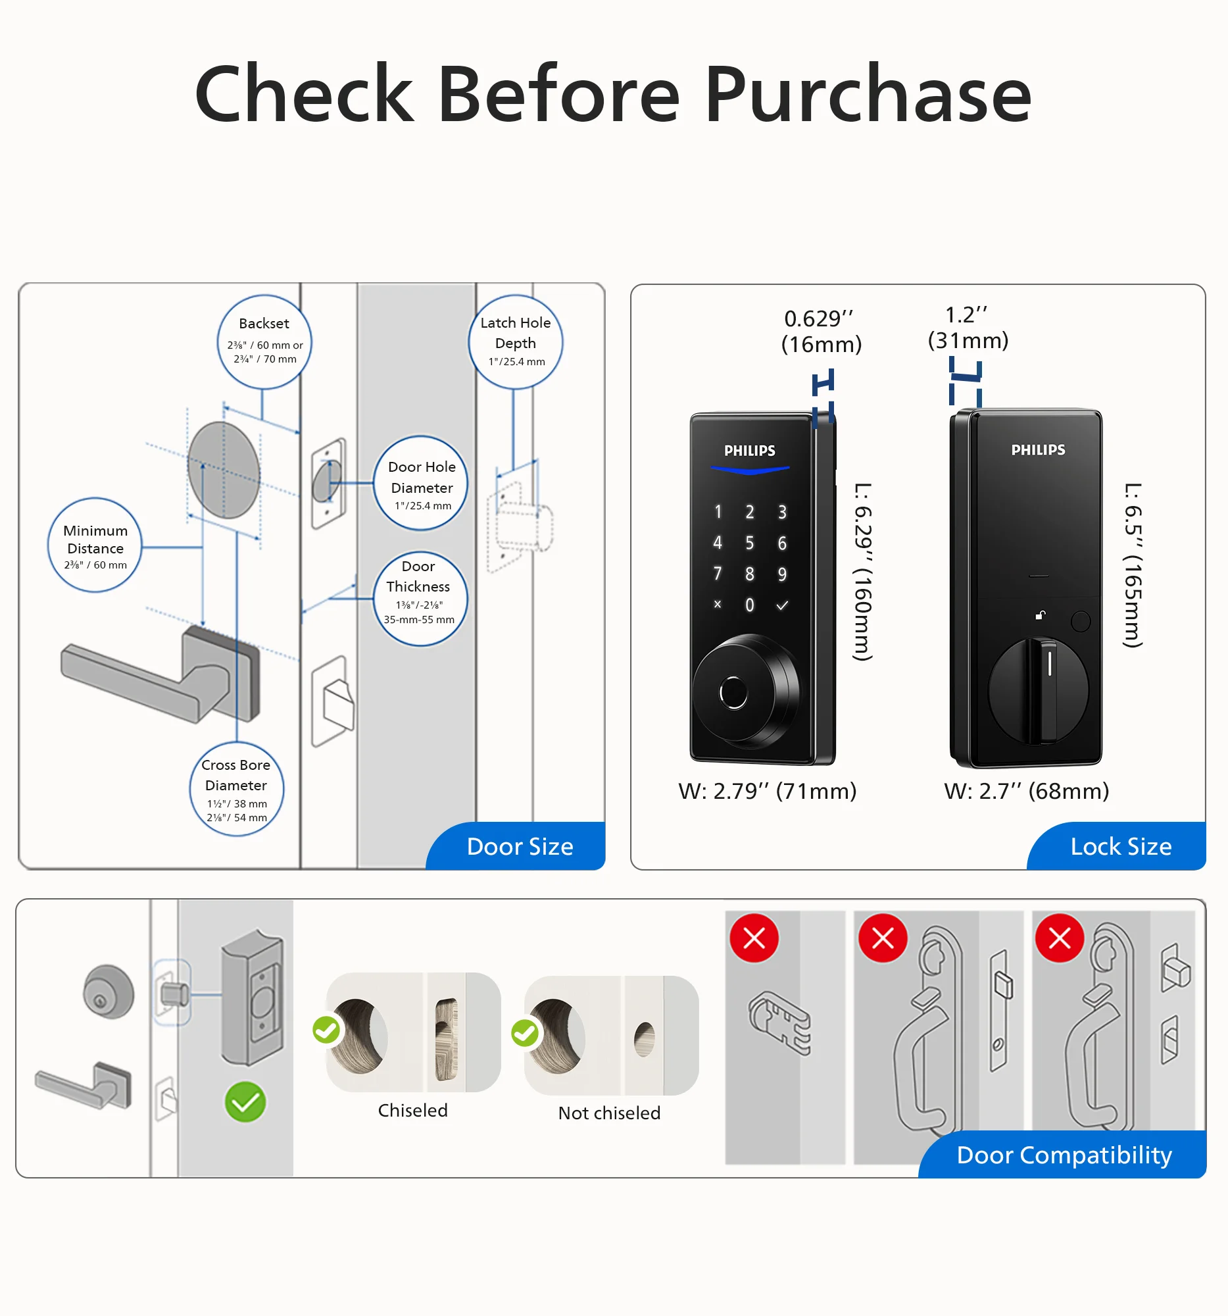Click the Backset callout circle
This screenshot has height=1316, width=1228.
pyautogui.click(x=264, y=342)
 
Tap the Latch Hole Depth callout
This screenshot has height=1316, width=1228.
pyautogui.click(x=516, y=342)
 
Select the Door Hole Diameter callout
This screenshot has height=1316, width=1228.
pyautogui.click(x=421, y=483)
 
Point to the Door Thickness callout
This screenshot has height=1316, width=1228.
pyautogui.click(x=420, y=598)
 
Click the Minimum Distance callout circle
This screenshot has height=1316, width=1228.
pyautogui.click(x=95, y=545)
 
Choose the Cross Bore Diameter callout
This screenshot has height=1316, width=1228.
pyautogui.click(x=236, y=789)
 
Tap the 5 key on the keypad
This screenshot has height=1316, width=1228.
pyautogui.click(x=750, y=543)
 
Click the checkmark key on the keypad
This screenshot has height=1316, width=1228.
pyautogui.click(x=782, y=605)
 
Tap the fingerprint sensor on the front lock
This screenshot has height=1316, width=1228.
pyautogui.click(x=733, y=693)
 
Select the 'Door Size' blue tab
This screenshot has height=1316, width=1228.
pyautogui.click(x=520, y=847)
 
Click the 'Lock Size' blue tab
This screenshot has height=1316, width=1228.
pyautogui.click(x=1120, y=847)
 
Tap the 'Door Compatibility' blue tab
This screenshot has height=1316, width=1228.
pyautogui.click(x=1064, y=1155)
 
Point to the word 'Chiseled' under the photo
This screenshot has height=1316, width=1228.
pyautogui.click(x=412, y=1110)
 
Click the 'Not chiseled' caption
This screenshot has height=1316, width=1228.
pyautogui.click(x=608, y=1113)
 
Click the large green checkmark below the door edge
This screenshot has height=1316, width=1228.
pyautogui.click(x=245, y=1102)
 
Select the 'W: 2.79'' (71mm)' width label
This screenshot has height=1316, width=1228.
pyautogui.click(x=767, y=791)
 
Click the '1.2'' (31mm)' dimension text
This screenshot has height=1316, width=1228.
pyautogui.click(x=968, y=328)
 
